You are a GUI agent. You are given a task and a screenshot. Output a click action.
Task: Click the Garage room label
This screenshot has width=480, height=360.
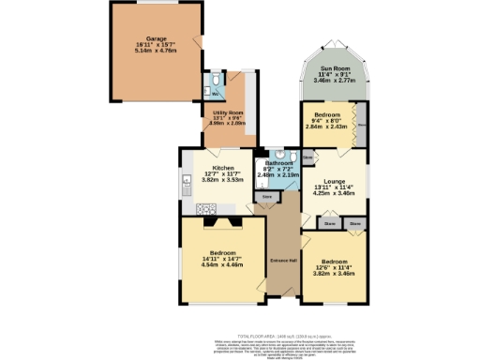(143, 39)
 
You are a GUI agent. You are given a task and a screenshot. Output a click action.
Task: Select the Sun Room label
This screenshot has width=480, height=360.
(335, 68)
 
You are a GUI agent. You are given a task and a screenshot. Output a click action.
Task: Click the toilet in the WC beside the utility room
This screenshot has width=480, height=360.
(214, 91)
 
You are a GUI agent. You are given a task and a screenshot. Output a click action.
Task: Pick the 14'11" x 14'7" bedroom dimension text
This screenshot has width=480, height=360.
(223, 259)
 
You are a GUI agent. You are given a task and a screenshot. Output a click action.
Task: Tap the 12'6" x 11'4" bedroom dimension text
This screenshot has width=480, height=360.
(335, 267)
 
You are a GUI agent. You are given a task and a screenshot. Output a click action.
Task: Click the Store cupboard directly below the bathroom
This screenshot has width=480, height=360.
(266, 198)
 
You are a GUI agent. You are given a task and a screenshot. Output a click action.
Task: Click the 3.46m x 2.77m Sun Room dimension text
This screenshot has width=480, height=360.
(335, 82)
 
